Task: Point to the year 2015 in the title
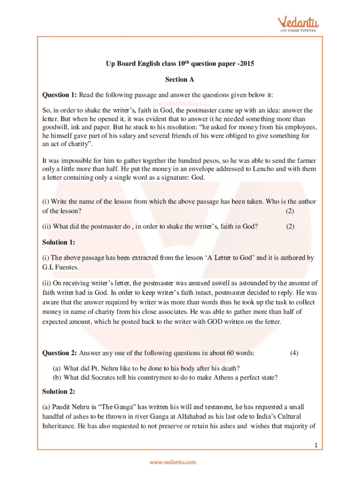(247, 64)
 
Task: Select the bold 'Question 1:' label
(59, 95)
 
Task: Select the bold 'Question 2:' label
(59, 353)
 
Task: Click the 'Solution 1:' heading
(58, 242)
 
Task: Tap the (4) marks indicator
(294, 353)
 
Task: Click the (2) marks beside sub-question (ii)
(290, 227)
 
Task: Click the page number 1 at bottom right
(316, 445)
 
